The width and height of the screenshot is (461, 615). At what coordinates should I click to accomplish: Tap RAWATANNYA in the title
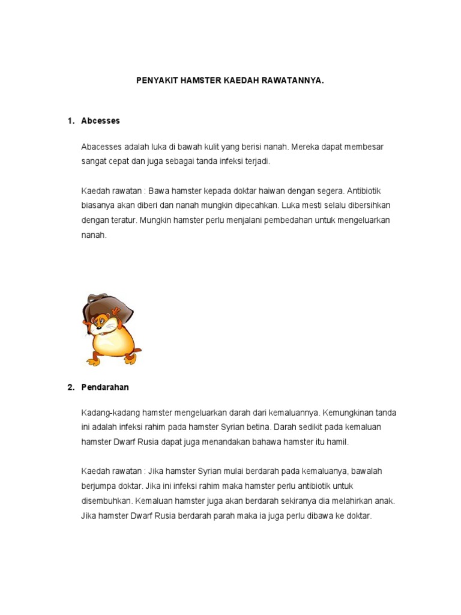(292, 79)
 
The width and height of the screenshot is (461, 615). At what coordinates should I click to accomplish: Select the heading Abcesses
(101, 121)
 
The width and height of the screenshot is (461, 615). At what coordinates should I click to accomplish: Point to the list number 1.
(71, 121)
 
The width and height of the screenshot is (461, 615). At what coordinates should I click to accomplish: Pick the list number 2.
(71, 387)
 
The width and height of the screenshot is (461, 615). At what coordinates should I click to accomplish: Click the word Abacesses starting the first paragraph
(101, 147)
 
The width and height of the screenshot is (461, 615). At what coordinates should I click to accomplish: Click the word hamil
(337, 442)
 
